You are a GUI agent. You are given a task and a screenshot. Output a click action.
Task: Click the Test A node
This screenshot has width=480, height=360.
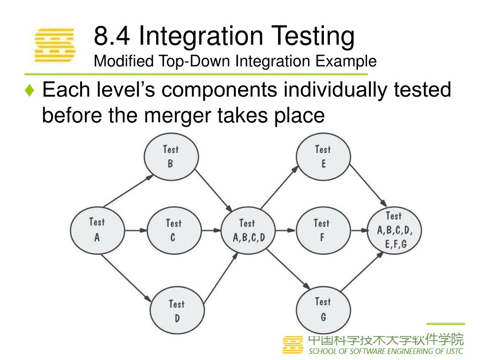[x=97, y=230]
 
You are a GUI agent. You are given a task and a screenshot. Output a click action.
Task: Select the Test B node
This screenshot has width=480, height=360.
[x=171, y=157]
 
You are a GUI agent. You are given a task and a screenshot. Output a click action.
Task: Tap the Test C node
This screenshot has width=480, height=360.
[x=173, y=230]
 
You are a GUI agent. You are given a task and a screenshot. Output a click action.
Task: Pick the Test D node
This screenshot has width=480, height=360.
[x=176, y=311]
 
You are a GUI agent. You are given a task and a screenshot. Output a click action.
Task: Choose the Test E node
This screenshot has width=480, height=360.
[x=323, y=157]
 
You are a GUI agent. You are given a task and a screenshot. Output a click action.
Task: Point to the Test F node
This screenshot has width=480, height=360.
[x=322, y=230]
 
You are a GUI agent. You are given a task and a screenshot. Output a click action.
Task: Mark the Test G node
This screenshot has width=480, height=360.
[x=323, y=309]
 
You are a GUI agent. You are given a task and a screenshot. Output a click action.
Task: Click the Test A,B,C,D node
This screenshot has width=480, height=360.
[x=248, y=230]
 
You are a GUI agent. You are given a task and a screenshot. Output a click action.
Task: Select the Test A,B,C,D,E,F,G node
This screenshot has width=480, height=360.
[x=394, y=230]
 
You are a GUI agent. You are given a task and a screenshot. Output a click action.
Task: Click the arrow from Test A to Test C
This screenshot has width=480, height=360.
[x=136, y=230]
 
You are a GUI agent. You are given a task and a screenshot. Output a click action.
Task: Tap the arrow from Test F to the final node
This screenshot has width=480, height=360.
[x=359, y=230]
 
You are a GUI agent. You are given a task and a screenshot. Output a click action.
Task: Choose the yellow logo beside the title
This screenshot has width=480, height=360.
[x=55, y=45]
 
